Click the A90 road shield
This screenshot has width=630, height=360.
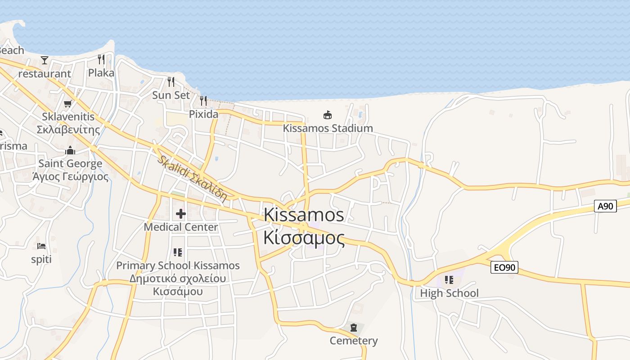coord(605,206)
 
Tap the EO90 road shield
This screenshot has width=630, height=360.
coord(504,267)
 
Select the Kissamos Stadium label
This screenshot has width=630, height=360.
coord(328,128)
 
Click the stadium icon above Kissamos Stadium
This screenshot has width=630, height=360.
coord(328,115)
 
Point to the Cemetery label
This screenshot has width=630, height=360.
coord(354,341)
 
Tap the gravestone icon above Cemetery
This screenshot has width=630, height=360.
coord(354,327)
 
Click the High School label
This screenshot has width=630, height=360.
coord(449,293)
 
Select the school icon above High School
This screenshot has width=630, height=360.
coord(449,280)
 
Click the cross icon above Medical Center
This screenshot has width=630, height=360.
coord(181,214)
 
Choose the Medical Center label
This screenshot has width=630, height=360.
coord(181,227)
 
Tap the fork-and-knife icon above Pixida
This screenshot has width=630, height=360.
coord(203,100)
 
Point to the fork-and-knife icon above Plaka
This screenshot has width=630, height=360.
coord(101,59)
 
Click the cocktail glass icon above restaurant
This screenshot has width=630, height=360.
coord(45,60)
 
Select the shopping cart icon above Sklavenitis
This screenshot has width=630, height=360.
coord(68,104)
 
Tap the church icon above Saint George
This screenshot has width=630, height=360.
coord(70,150)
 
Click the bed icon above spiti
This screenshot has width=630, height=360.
coord(41,246)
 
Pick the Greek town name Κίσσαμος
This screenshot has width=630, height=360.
coord(304,238)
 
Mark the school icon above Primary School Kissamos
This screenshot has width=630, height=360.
coord(178,252)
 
